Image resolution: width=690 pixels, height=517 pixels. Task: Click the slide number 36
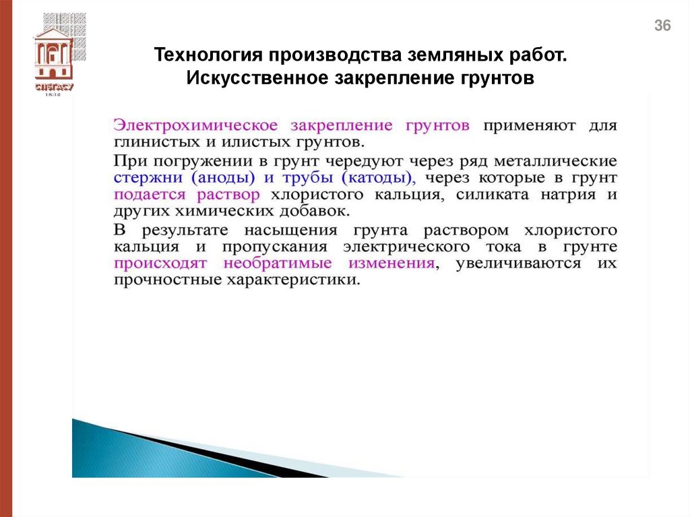(663, 26)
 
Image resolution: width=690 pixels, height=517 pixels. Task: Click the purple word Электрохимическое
(196, 125)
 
